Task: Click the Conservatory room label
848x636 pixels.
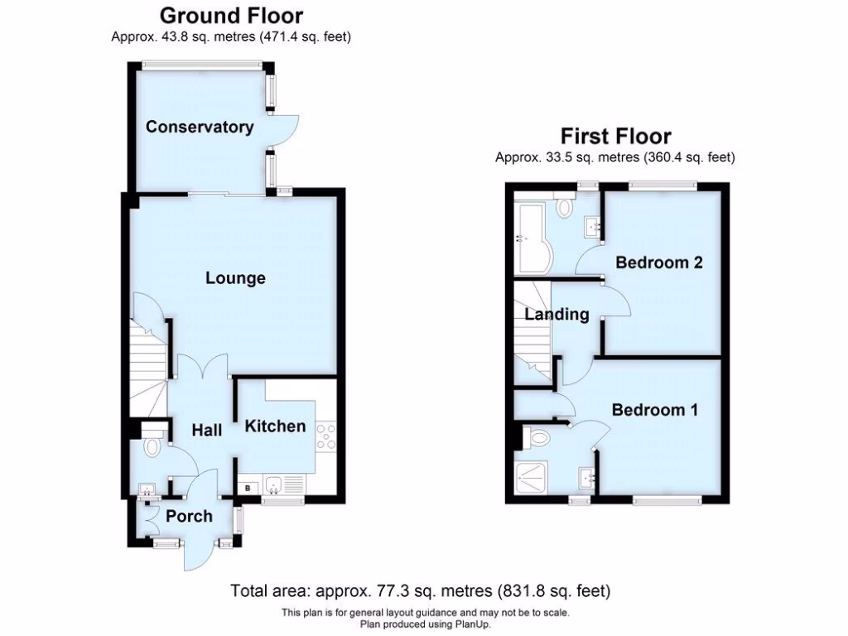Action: click(200, 127)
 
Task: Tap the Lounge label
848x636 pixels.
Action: click(235, 278)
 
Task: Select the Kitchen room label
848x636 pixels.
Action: click(275, 426)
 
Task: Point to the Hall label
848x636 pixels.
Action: click(207, 430)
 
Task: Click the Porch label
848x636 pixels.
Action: click(189, 516)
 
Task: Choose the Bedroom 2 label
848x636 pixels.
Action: click(658, 263)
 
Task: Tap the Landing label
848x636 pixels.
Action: click(556, 314)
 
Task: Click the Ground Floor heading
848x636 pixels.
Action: click(231, 15)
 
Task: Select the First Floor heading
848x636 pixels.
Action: click(615, 136)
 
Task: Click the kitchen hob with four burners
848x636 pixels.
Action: click(325, 436)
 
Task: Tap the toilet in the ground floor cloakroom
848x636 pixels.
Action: click(152, 447)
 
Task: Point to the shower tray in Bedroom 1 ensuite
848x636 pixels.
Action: click(531, 478)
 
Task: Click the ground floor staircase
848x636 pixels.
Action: click(147, 364)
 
